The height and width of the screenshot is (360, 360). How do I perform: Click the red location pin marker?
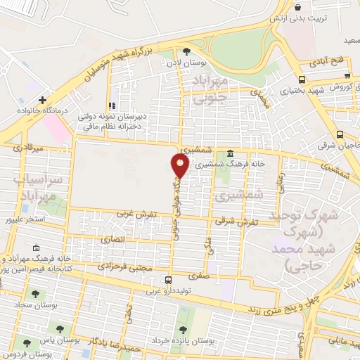click(x=180, y=165)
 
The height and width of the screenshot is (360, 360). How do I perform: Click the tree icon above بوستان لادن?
click(x=186, y=51)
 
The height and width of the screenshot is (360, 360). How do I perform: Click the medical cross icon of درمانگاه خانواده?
click(x=43, y=101)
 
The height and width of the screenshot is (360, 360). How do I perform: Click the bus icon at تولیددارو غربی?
click(x=167, y=280)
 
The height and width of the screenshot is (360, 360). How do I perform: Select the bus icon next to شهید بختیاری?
click(x=301, y=79)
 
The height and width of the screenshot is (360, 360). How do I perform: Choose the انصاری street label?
click(x=114, y=240)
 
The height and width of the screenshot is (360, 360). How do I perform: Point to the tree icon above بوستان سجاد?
click(x=35, y=294)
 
